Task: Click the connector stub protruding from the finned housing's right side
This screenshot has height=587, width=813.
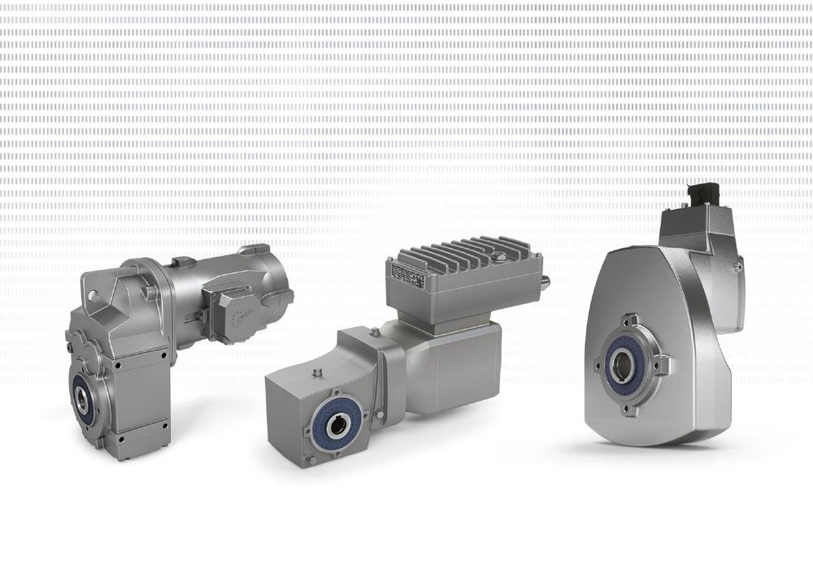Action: [544, 281]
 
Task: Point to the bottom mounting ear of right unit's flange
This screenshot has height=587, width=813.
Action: [627, 409]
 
